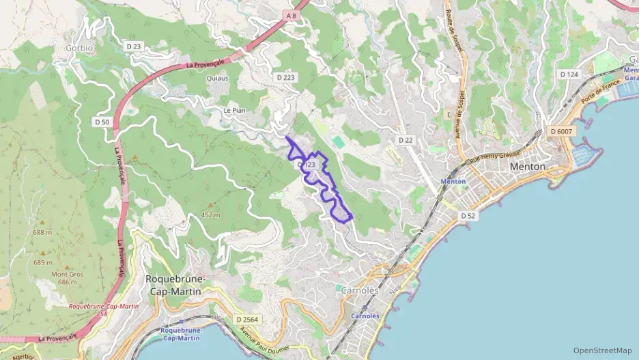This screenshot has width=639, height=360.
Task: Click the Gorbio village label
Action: [79, 48]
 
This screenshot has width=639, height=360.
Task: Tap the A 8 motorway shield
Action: [292, 15]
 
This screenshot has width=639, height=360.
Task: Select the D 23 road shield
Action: [134, 46]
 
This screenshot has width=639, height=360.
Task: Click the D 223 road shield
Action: [286, 77]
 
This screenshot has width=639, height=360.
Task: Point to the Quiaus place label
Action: [217, 78]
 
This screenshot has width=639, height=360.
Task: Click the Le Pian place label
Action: [233, 110]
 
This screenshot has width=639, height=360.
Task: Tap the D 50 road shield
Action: [102, 122]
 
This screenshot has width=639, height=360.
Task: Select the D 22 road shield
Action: [406, 140]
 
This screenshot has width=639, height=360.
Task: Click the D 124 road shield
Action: [569, 74]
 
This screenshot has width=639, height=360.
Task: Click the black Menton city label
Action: [528, 166]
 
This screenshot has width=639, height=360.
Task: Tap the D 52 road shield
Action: [468, 215]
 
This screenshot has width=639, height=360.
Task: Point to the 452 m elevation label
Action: [211, 214]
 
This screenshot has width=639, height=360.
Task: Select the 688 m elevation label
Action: [42, 232]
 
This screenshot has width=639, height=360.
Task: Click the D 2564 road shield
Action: [247, 319]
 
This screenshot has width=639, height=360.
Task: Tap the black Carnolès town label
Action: [359, 290]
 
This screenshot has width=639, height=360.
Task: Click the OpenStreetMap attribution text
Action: [602, 350]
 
